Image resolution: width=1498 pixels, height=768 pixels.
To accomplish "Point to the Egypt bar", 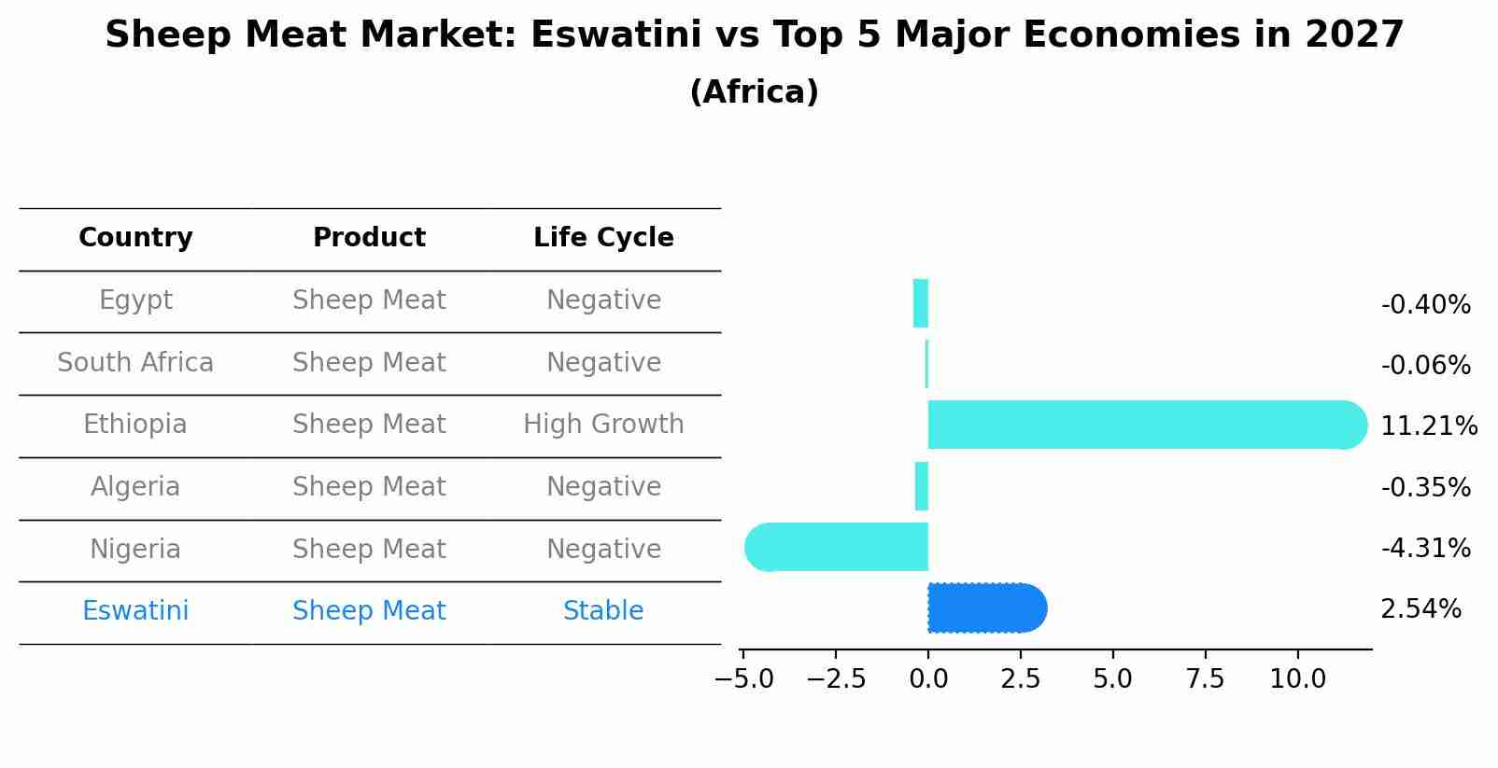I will click(x=921, y=303).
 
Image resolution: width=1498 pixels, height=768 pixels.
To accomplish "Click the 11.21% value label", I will click(x=1428, y=426).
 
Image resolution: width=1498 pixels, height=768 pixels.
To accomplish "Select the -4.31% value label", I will click(x=1425, y=548).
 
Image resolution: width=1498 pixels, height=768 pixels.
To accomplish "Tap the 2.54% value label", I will click(x=1420, y=609).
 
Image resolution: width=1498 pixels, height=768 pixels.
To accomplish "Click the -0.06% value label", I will click(x=1425, y=366).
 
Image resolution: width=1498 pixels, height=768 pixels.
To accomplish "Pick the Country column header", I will click(x=135, y=238).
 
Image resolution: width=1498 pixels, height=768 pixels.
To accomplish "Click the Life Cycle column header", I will click(x=603, y=238).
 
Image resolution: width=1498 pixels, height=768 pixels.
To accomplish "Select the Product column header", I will click(x=369, y=238).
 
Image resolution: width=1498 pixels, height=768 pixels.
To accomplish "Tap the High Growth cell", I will click(x=603, y=425).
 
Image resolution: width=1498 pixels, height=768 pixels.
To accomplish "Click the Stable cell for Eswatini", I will click(x=603, y=611).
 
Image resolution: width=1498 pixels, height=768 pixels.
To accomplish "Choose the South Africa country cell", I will click(x=135, y=362).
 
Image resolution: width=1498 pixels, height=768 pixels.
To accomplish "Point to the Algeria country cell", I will click(x=135, y=487).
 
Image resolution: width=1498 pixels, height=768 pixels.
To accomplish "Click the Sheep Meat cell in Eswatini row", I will click(x=369, y=611).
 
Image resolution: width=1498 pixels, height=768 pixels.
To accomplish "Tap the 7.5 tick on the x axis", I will click(x=1205, y=679).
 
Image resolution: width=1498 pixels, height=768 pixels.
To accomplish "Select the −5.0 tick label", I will click(x=743, y=679).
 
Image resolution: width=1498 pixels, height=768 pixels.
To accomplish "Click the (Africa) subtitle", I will click(x=754, y=92).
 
